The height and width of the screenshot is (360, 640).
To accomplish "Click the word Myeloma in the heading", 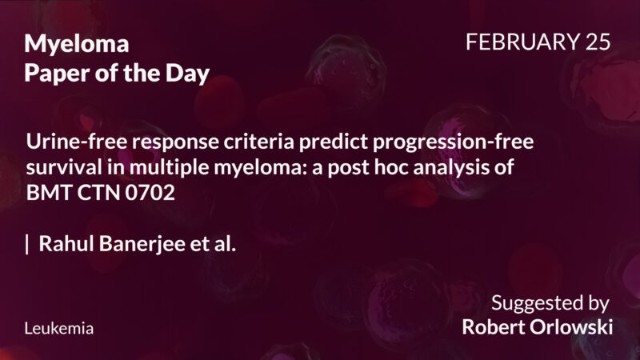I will point(77,45).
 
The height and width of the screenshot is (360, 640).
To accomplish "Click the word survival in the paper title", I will point(62,167).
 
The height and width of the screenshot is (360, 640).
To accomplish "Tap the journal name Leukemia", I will point(59,328).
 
